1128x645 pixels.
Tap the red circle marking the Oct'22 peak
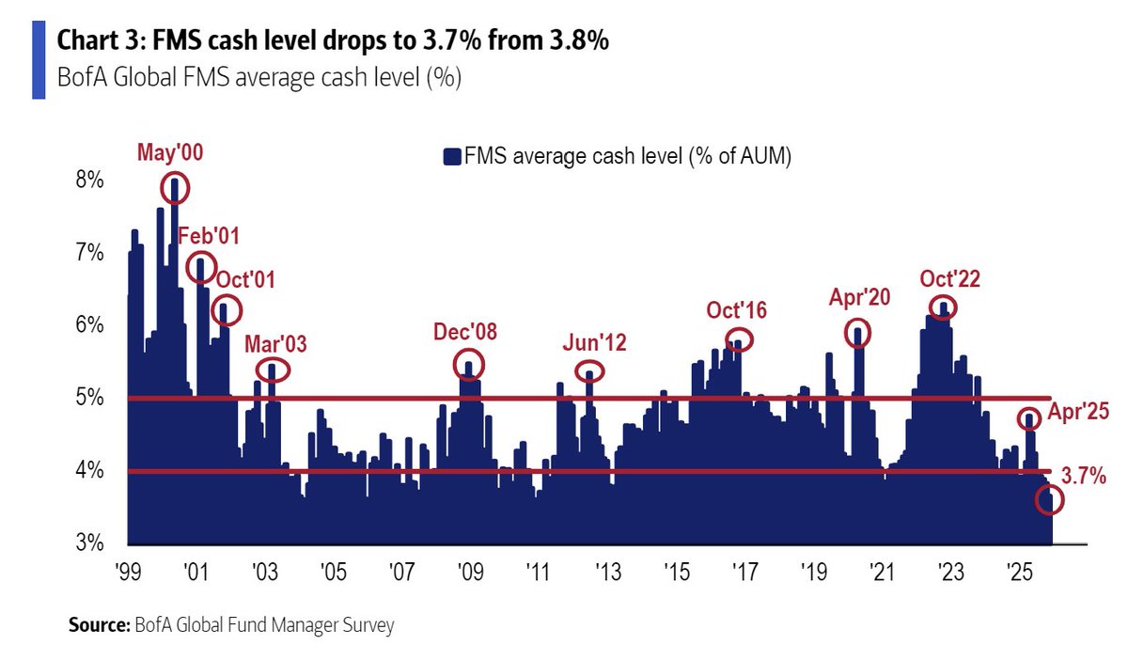(943, 307)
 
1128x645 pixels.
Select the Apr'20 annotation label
(859, 298)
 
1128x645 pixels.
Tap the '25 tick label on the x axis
(1017, 573)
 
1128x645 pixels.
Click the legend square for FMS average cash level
(452, 157)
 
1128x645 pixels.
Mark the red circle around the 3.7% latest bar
(1050, 500)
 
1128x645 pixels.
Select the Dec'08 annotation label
(464, 332)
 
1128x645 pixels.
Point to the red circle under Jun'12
(589, 370)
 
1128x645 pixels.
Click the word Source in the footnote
(97, 623)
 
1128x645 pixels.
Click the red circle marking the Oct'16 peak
(739, 339)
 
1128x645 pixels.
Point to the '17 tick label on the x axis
(744, 573)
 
